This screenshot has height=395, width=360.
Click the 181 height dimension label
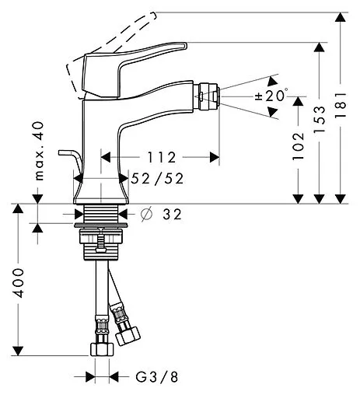[x=340, y=104]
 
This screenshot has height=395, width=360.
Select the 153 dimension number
[x=320, y=119]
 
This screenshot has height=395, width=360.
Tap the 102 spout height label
[x=299, y=146]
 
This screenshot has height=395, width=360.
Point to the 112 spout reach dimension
[x=162, y=157]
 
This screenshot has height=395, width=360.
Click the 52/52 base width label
[x=157, y=178]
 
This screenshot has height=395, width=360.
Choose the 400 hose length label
[x=19, y=283]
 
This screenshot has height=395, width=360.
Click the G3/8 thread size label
[x=157, y=376]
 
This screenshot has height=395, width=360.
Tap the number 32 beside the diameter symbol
[x=172, y=214]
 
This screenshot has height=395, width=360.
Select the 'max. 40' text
[x=39, y=151]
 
